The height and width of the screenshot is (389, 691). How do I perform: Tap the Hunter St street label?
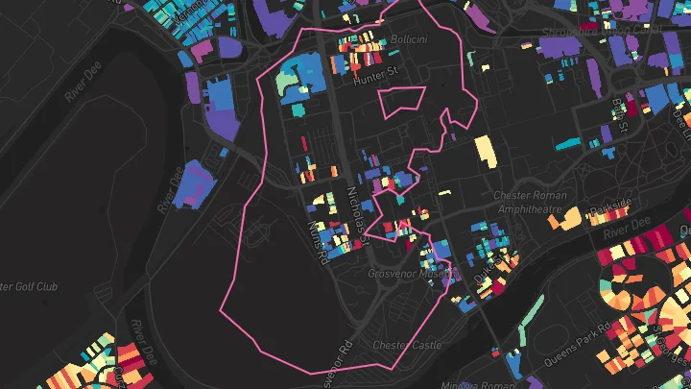(x=375, y=81)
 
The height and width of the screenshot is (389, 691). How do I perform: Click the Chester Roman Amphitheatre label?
(x=530, y=203)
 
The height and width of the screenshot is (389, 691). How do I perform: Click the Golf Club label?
(x=29, y=286)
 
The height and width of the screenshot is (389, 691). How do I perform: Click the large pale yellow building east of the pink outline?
(x=486, y=152)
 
